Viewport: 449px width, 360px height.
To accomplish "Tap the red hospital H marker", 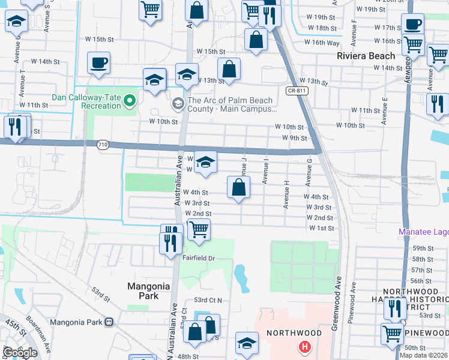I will [306, 346].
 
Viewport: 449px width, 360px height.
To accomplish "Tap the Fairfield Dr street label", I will [199, 258].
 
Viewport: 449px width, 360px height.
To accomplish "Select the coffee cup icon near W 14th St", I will [98, 62].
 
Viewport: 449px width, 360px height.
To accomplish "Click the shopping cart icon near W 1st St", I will [199, 229].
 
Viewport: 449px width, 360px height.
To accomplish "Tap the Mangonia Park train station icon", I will [109, 322].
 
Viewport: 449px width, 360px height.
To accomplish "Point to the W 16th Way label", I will [322, 43].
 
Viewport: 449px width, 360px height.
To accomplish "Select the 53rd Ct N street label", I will [208, 300].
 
